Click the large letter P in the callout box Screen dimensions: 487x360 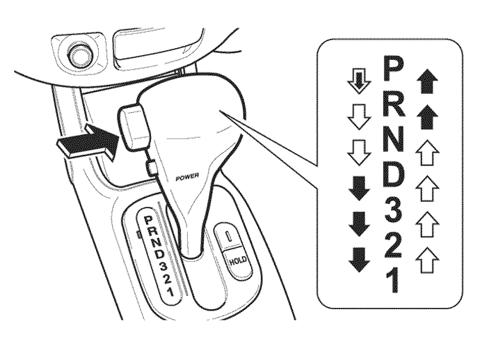[393, 68]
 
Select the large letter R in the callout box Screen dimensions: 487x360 [394, 104]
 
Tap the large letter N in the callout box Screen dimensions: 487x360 [394, 139]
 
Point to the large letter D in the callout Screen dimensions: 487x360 [394, 175]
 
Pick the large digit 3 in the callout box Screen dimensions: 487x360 [392, 211]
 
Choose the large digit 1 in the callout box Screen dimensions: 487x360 [392, 281]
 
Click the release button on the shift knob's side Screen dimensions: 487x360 [134, 127]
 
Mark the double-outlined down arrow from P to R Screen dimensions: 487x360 [359, 81]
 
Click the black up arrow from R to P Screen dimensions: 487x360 [426, 81]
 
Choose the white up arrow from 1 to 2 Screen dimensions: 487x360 [426, 260]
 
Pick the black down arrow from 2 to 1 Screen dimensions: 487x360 [360, 260]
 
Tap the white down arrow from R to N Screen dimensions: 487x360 [359, 116]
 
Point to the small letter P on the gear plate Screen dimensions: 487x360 [148, 220]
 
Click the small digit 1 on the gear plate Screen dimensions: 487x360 [170, 292]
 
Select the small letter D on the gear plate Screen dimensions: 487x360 [159, 254]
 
